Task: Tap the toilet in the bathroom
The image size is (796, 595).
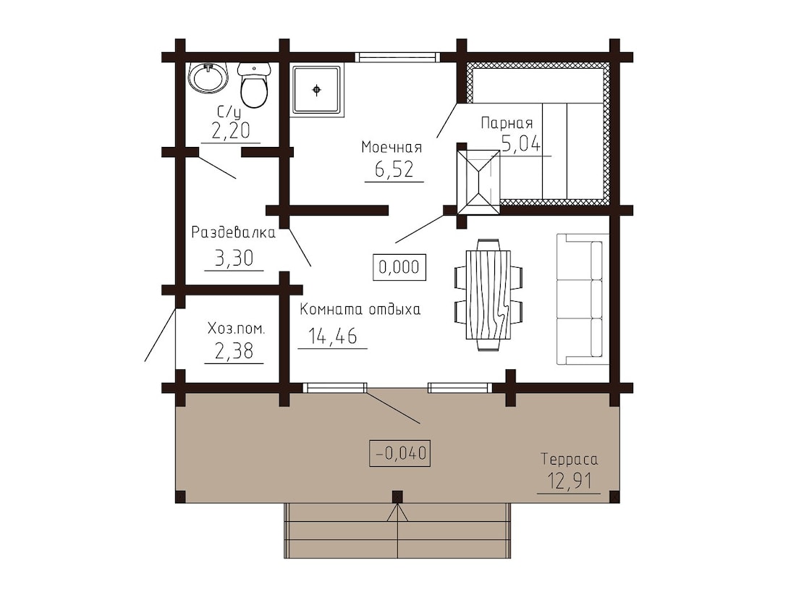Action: pos(253,85)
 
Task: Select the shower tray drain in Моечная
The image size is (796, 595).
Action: pos(317,90)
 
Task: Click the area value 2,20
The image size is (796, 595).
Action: pos(231,131)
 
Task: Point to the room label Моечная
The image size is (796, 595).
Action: pos(391,147)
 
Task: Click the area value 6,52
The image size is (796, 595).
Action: pos(394,169)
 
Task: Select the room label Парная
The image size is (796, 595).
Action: pos(507,123)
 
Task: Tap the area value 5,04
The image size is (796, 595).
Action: pos(521,144)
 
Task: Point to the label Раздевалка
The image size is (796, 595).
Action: pos(234,232)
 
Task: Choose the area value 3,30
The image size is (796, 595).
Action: pos(234,258)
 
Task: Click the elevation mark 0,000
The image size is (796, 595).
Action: pos(399,266)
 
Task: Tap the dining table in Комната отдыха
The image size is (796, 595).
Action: pos(488,295)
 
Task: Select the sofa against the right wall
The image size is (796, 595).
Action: pos(583,299)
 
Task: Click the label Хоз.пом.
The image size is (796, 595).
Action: pos(236,329)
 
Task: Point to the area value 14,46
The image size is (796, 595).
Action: pos(333,336)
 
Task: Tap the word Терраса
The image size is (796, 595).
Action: pos(569,460)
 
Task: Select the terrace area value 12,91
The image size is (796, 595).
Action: pos(569,480)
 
